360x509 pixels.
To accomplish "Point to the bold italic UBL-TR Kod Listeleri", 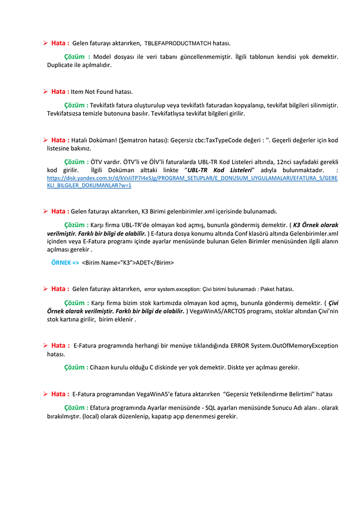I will pyautogui.click(x=219, y=170).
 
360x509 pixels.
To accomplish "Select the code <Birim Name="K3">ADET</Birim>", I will pyautogui.click(x=128, y=262).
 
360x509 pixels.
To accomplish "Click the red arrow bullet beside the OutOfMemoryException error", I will pyautogui.click(x=45, y=345).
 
